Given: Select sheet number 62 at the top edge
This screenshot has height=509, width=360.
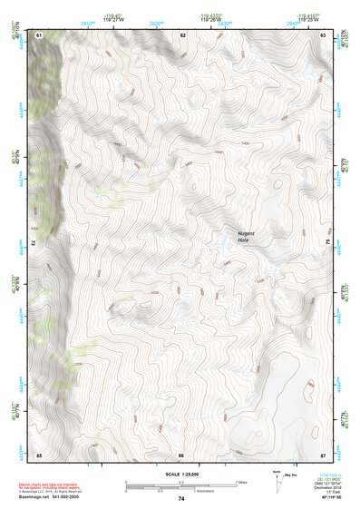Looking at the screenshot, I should (x=182, y=34).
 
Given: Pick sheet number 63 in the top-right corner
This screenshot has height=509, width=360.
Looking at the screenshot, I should (x=323, y=34).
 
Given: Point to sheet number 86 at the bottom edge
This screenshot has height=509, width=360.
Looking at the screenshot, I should (x=181, y=454).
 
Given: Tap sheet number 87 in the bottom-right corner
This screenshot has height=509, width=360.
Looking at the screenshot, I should (x=323, y=454).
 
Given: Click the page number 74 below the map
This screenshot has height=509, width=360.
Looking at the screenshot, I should (x=181, y=499).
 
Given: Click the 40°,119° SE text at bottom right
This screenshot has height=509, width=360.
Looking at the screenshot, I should (x=331, y=497).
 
